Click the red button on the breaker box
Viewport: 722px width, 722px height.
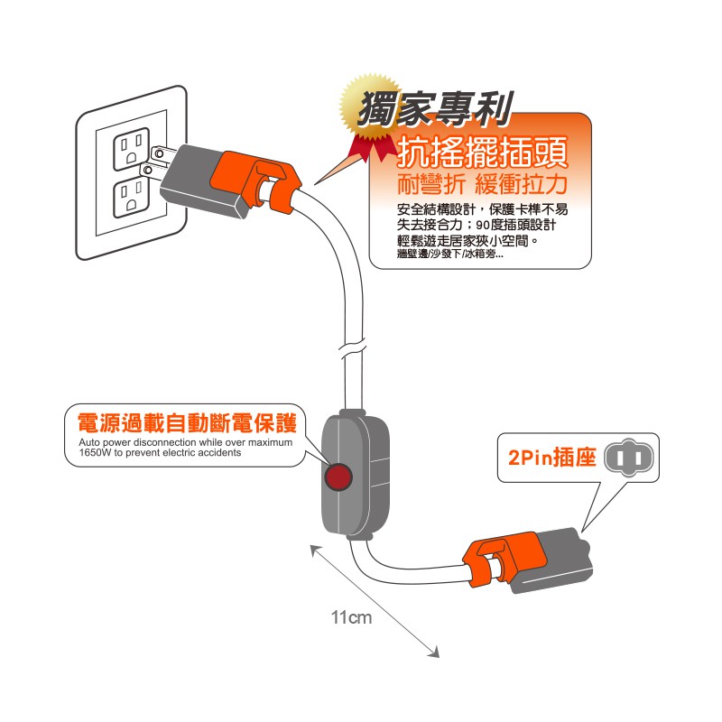(338, 477)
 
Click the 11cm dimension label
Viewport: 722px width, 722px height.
(351, 618)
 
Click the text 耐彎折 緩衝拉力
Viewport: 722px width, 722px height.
(483, 186)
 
